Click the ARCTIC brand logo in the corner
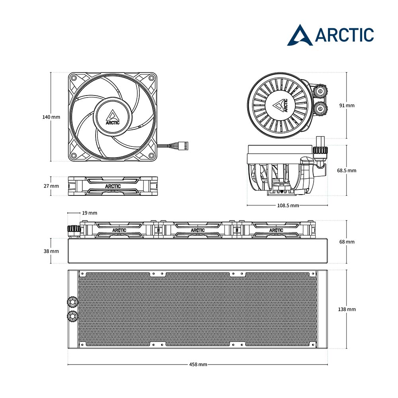click(x=330, y=35)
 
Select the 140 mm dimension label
click(x=51, y=117)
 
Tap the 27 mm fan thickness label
click(x=51, y=186)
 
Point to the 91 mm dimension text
click(x=347, y=105)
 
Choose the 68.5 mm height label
click(x=347, y=170)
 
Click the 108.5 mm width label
click(x=288, y=205)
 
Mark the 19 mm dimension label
click(x=89, y=213)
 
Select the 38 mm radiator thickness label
click(x=51, y=251)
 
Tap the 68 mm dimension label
click(x=347, y=242)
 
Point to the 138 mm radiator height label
click(x=347, y=309)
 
